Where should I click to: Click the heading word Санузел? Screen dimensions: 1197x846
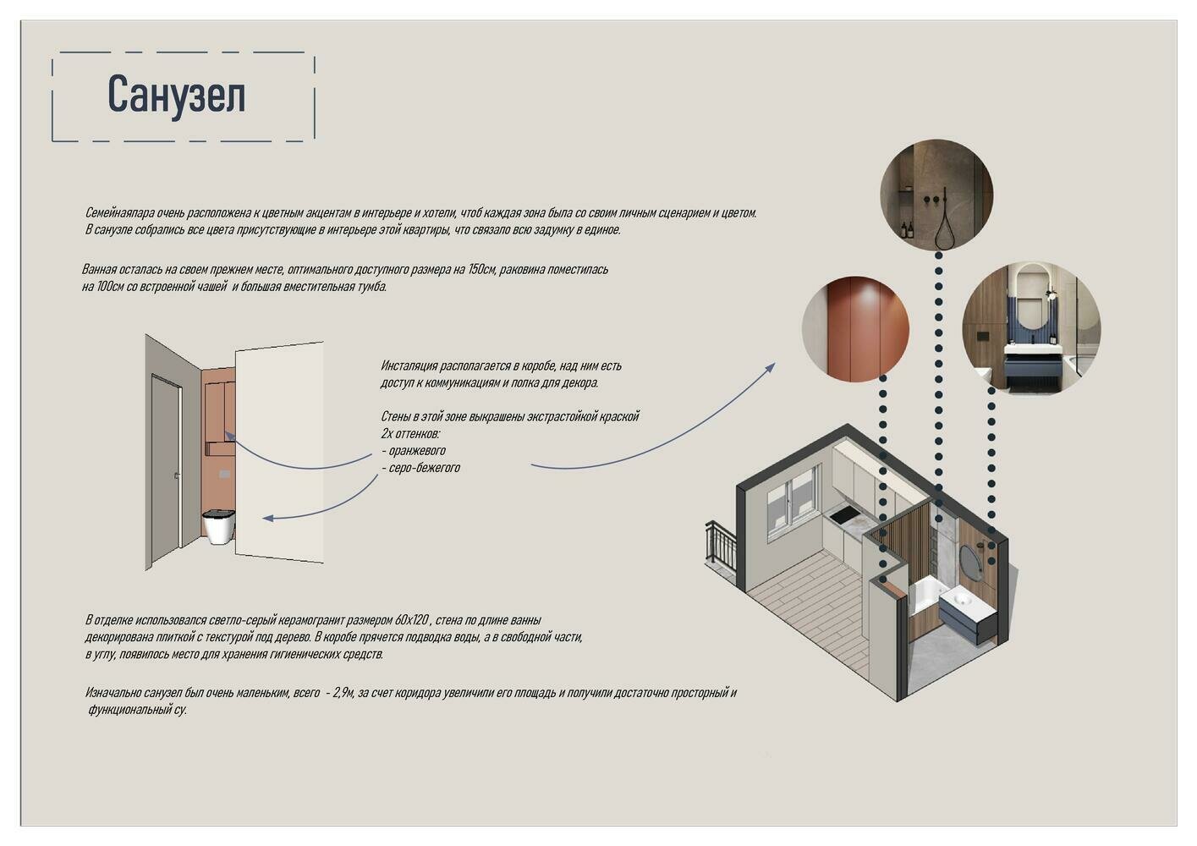pos(176,95)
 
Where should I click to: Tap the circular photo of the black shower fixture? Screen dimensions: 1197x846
pos(936,195)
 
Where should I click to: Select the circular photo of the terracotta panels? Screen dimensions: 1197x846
pos(855,329)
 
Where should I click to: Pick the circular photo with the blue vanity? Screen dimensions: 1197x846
pos(1031,329)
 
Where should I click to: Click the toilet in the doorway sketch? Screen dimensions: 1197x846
pos(218,526)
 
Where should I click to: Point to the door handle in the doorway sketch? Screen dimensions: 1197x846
pos(178,475)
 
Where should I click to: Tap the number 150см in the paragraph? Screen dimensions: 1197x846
pos(482,269)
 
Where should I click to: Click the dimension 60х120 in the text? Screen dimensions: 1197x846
pos(412,620)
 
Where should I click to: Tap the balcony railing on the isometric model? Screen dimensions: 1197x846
pos(721,545)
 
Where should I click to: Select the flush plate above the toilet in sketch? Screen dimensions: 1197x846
pos(224,474)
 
